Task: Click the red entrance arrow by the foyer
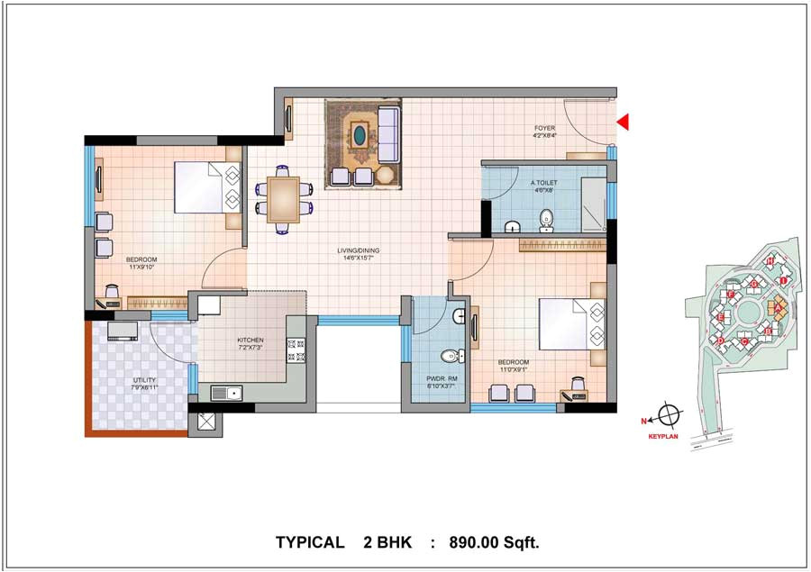coord(622,122)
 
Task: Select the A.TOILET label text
coord(544,184)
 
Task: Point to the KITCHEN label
coord(251,340)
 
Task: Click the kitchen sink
coord(225,392)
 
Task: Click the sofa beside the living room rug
coord(389,132)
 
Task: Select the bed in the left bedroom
coord(206,186)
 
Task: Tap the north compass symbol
coord(668,416)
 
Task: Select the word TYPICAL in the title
coord(309,542)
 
